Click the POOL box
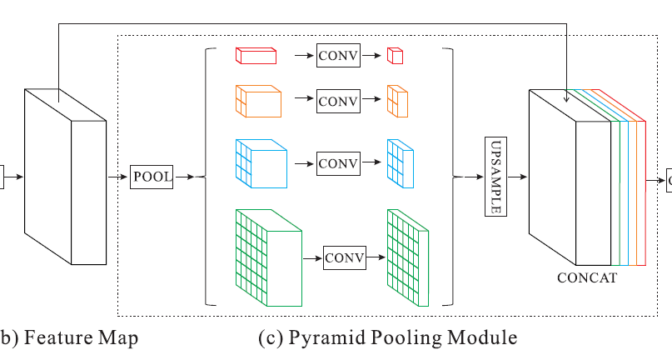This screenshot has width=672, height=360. coord(152,177)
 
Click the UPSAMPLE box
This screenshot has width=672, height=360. coord(495,177)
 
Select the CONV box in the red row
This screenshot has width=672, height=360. coord(338,56)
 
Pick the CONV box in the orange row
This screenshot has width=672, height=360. coord(338,102)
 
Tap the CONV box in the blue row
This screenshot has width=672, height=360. coord(338,162)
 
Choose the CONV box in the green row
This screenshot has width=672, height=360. coord(345,258)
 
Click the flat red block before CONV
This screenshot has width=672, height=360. coord(255,56)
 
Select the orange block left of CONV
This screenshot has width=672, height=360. coord(258,101)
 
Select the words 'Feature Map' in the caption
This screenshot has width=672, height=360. coord(80,337)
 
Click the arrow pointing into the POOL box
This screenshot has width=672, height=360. coord(118,177)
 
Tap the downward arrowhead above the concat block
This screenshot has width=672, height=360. coord(566,98)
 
